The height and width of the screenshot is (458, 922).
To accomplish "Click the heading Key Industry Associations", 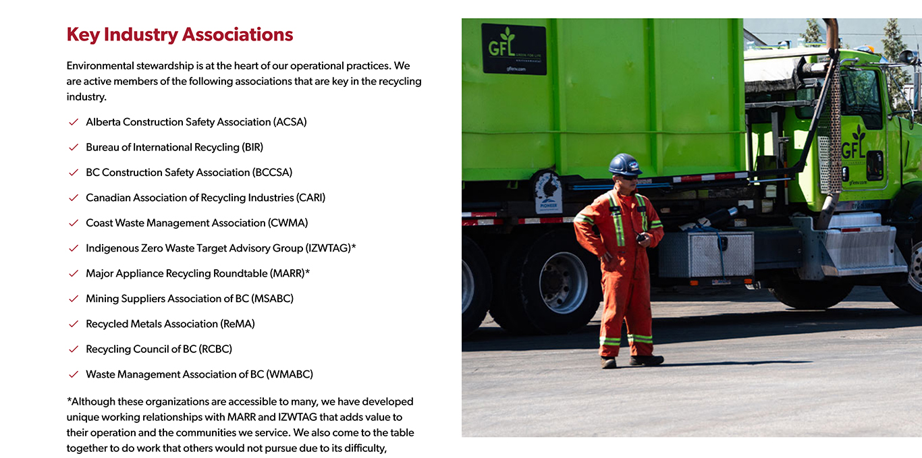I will click(x=180, y=35).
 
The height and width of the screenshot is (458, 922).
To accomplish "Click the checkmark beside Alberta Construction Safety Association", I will click(x=74, y=122).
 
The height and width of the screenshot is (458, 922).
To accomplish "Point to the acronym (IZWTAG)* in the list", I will click(x=331, y=248).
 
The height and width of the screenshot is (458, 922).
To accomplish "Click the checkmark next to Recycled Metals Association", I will click(x=74, y=324).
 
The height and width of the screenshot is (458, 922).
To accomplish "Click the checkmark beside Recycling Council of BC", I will click(x=74, y=349).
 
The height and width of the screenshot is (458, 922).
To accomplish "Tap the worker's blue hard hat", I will click(x=624, y=164).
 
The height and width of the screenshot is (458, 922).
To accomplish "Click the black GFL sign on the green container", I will click(x=514, y=49).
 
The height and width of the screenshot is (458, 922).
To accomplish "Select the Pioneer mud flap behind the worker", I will click(x=549, y=193).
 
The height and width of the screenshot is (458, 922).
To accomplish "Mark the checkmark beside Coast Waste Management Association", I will click(x=74, y=223).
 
